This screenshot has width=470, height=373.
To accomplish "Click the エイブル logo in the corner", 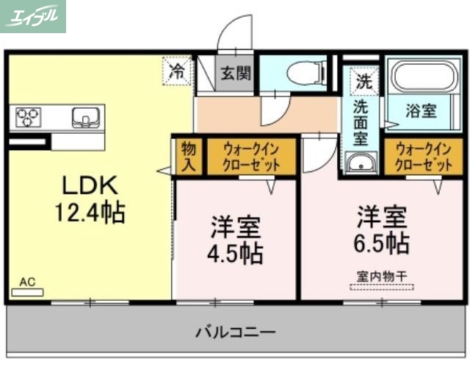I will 33,16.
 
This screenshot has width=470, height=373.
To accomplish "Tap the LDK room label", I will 89,184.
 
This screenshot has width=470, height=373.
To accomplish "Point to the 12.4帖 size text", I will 90,213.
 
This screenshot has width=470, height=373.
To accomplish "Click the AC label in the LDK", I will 27,282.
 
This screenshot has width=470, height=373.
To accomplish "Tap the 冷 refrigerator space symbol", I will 177,71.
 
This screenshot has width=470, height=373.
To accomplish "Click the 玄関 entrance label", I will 236,73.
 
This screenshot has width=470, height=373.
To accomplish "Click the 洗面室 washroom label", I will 361,121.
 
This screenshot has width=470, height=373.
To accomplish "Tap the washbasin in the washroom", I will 360,163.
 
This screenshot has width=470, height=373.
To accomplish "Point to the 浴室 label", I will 422,112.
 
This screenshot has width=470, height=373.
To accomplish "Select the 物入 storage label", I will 188,157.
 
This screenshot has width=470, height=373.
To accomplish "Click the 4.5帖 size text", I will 236,253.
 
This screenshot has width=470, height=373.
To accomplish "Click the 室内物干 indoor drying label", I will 381,277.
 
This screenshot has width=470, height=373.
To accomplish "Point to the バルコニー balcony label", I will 235,332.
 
